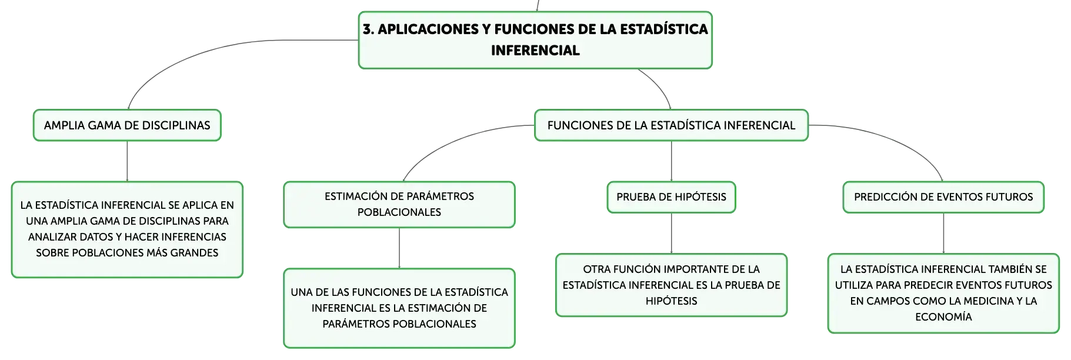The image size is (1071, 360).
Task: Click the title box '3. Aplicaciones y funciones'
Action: pyautogui.click(x=535, y=40)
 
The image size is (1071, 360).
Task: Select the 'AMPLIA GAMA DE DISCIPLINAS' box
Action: pyautogui.click(x=127, y=125)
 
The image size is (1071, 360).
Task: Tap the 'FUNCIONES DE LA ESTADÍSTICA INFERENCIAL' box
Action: pyautogui.click(x=671, y=125)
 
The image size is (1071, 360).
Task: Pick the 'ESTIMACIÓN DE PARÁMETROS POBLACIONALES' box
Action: pyautogui.click(x=399, y=204)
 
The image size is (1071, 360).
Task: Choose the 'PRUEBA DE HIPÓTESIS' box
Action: pyautogui.click(x=671, y=197)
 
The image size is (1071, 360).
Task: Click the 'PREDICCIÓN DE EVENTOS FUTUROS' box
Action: pyautogui.click(x=943, y=197)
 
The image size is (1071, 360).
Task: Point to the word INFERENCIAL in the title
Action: pyautogui.click(x=535, y=51)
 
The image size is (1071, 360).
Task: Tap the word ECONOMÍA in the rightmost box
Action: pyautogui.click(x=943, y=317)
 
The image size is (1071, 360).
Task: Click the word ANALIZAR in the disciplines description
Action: pyautogui.click(x=52, y=237)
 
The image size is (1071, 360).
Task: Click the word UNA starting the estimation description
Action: pyautogui.click(x=302, y=292)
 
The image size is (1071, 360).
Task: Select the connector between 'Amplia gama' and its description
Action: pyautogui.click(x=127, y=161)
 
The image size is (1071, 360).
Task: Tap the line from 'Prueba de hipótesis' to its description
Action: pyautogui.click(x=671, y=234)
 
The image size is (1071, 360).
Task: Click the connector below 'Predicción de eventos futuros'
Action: pyautogui.click(x=943, y=234)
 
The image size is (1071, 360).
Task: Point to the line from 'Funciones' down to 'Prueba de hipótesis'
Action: pyautogui.click(x=671, y=161)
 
